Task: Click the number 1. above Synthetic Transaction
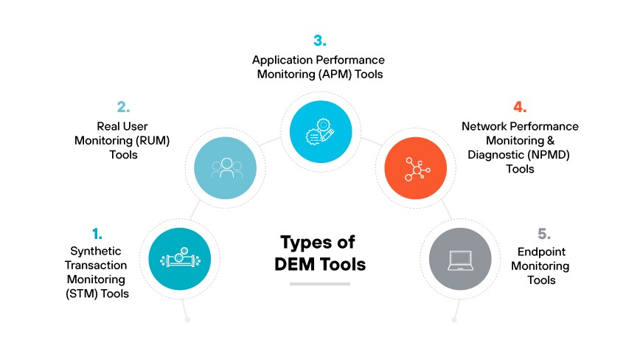click(97, 234)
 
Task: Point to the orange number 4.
click(520, 107)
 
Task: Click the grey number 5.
click(544, 234)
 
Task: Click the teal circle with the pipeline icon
click(179, 259)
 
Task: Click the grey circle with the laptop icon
click(461, 259)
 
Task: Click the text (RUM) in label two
click(154, 140)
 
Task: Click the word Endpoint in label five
click(540, 252)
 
